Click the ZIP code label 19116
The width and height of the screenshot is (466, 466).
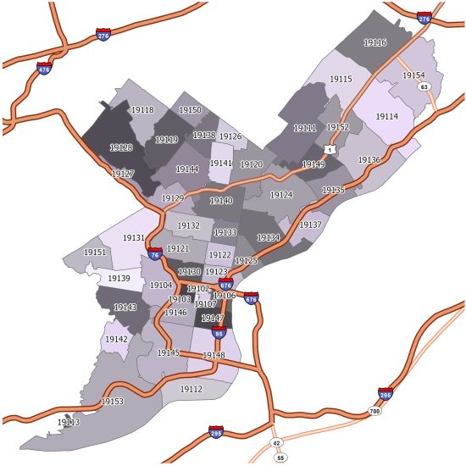tap(374, 42)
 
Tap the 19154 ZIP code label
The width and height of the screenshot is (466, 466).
tap(413, 75)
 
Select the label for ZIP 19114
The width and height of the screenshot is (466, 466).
tap(386, 116)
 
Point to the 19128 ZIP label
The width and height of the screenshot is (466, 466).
tap(121, 147)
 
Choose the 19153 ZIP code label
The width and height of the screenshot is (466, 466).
tap(112, 402)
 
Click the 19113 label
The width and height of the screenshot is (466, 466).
tap(69, 422)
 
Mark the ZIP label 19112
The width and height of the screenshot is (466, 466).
tap(191, 389)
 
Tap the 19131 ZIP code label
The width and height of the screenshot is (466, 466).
tap(134, 238)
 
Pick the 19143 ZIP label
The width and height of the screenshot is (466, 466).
tap(125, 308)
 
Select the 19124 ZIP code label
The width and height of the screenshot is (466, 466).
tap(280, 196)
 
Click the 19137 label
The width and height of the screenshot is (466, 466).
tap(310, 225)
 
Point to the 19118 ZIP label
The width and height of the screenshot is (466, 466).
tap(142, 110)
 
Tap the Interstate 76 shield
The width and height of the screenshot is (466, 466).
tap(154, 253)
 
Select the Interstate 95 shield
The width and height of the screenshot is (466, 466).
tap(219, 333)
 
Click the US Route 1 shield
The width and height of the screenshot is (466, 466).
tap(330, 149)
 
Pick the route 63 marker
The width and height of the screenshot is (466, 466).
tap(424, 86)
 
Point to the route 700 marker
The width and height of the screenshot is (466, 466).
tap(374, 412)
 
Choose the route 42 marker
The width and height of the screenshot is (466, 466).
tap(276, 443)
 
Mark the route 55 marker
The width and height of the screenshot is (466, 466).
tap(281, 458)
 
